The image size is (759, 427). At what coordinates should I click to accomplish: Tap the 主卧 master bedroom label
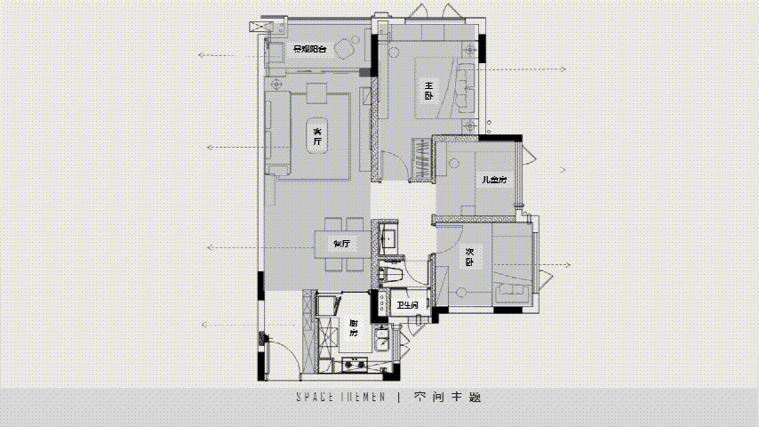tap(428, 89)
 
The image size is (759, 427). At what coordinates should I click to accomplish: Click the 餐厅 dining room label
tap(341, 243)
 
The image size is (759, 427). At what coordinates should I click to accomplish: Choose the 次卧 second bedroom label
tap(469, 257)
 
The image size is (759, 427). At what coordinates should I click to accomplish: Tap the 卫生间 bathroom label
tap(409, 307)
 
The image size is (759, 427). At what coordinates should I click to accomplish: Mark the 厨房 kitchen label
tap(353, 327)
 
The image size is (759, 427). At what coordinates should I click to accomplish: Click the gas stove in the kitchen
tap(356, 363)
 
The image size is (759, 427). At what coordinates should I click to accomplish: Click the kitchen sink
tap(381, 339)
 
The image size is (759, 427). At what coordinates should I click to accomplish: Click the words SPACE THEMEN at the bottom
tap(340, 398)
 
